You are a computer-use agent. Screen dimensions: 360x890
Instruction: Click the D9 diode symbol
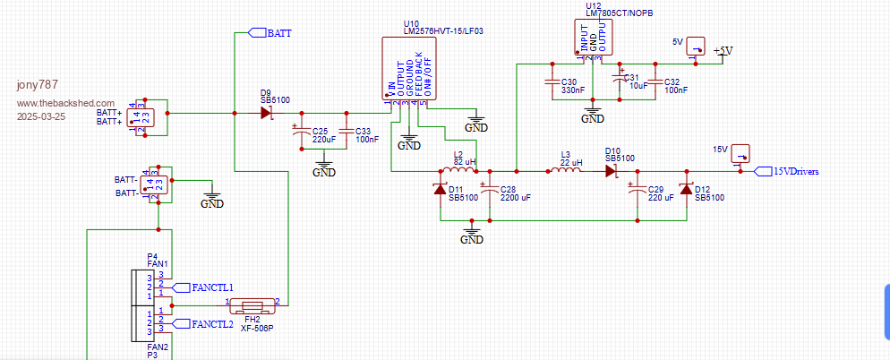click(x=267, y=113)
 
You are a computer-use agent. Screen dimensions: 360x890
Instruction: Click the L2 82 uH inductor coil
click(x=458, y=170)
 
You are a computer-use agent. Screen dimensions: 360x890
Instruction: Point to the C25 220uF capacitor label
click(x=324, y=135)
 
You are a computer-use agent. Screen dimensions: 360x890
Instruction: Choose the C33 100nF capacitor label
click(x=367, y=135)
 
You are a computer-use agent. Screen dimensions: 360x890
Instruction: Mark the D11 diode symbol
click(x=440, y=189)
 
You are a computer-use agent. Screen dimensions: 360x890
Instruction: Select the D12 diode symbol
click(x=686, y=189)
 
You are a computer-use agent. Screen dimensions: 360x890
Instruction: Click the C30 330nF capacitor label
click(x=573, y=86)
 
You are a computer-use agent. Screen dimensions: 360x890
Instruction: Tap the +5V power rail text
click(x=723, y=51)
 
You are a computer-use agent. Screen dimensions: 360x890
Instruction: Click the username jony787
click(x=39, y=85)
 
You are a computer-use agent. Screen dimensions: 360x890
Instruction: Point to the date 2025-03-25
click(x=40, y=116)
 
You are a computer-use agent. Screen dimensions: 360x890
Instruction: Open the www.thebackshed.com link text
click(x=66, y=103)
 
